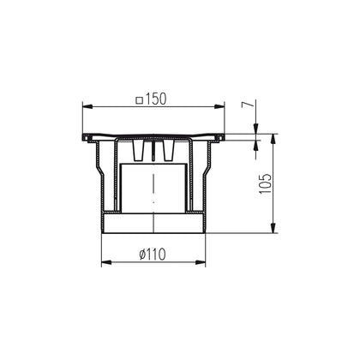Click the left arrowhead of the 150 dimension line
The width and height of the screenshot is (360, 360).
pos(88,105)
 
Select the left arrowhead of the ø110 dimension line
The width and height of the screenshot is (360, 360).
pos(105,261)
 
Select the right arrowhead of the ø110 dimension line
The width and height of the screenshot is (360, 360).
pos(204,261)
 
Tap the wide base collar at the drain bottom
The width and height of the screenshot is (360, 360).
pos(154,224)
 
